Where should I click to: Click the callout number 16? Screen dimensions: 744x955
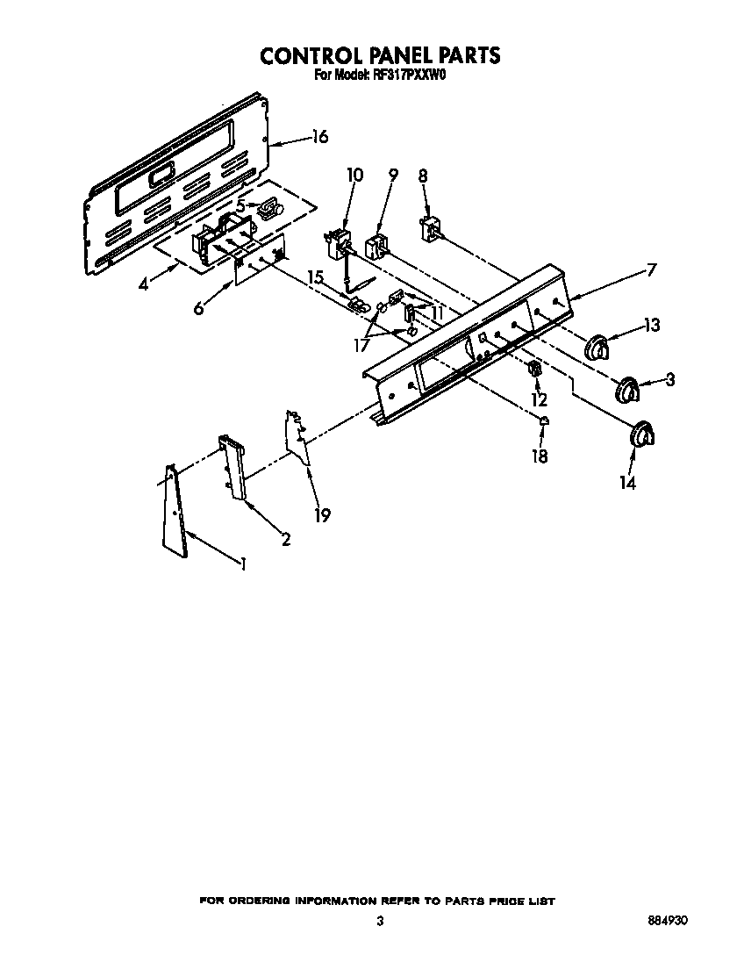coord(319,136)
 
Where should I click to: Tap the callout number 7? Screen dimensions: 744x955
coord(650,269)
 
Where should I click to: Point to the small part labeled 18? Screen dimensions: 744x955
coord(544,421)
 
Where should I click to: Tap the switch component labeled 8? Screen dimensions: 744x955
coord(431,230)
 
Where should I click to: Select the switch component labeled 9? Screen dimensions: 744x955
coord(378,244)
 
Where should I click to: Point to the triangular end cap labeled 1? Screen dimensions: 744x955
coord(175,513)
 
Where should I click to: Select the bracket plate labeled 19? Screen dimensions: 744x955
coord(300,435)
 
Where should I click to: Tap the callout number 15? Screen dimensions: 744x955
coord(316,277)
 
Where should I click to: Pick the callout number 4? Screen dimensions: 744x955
coord(146,284)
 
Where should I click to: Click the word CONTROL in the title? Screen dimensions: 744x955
coord(315,54)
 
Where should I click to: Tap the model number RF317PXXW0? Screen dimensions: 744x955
coord(411,75)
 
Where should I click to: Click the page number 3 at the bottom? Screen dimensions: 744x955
coord(379,921)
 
